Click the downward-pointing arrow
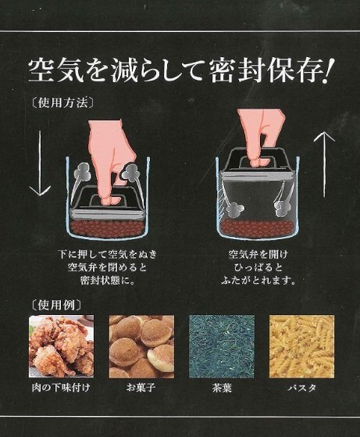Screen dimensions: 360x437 [40, 163]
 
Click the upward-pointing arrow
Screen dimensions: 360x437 [324, 164]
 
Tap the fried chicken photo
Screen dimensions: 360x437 [61, 346]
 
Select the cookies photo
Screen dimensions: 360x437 [141, 346]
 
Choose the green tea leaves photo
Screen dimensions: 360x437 [222, 346]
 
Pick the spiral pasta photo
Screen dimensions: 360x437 [301, 346]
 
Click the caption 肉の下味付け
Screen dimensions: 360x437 [61, 388]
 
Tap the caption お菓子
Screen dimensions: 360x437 [141, 388]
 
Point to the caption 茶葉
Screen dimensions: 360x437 [222, 388]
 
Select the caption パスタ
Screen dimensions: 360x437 [301, 388]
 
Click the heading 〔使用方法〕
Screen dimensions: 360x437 [63, 103]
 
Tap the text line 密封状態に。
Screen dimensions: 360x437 [108, 280]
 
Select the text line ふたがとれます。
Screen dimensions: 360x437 [258, 280]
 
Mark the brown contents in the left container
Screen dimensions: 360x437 [108, 229]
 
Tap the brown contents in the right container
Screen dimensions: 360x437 [258, 227]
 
